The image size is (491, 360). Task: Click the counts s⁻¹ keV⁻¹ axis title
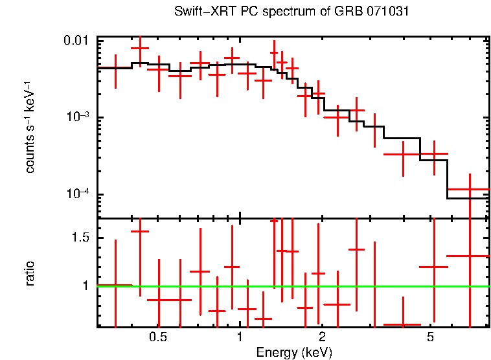click(x=30, y=128)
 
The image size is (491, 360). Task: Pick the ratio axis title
click(x=30, y=273)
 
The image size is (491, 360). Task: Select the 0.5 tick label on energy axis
click(x=157, y=337)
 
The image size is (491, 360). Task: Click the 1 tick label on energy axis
click(x=240, y=337)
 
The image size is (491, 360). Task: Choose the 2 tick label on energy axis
click(x=322, y=337)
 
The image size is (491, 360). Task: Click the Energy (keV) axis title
click(x=294, y=352)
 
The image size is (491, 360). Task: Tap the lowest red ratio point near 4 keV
click(x=402, y=324)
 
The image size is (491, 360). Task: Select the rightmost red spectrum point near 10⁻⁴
click(x=469, y=189)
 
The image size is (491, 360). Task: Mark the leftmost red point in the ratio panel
click(x=115, y=285)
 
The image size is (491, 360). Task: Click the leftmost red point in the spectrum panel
click(x=115, y=68)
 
